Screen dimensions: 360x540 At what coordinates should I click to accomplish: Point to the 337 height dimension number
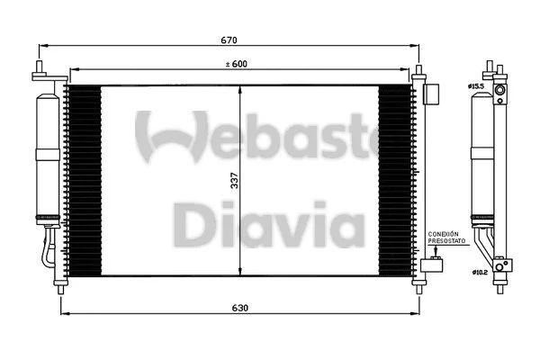(235, 180)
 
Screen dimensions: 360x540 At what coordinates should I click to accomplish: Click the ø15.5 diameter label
(475, 86)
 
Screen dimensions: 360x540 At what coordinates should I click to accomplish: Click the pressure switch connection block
(434, 263)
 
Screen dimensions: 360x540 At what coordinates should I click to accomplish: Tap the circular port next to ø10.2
(505, 265)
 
